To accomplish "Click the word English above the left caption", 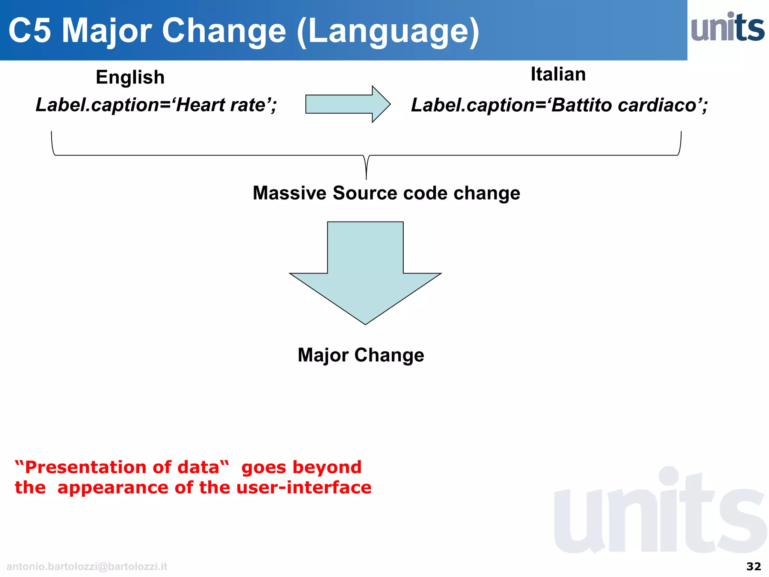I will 130,77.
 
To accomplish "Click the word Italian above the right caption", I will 558,74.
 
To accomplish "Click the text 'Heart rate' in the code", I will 222,105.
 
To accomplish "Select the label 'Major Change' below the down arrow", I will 361,355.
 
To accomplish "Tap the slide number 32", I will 753,566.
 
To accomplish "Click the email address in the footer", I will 87,566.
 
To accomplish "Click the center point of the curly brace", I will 366,165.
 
